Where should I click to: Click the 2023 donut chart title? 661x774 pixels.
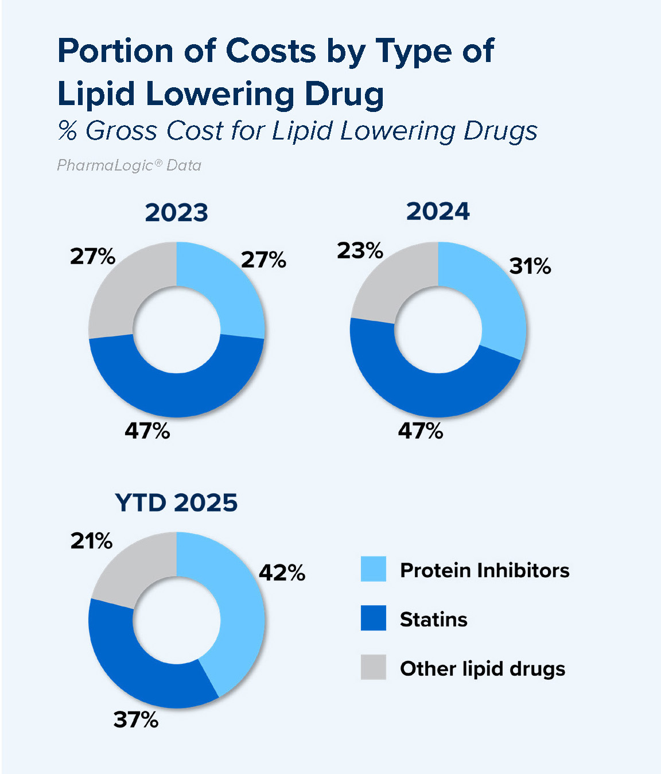click(176, 212)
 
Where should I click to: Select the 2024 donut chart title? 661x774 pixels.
click(438, 211)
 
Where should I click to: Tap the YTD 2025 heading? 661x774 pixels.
click(176, 502)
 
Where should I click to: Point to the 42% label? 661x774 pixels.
click(282, 572)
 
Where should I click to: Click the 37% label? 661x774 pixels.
click(136, 719)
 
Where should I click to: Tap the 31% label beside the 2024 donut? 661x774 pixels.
click(530, 266)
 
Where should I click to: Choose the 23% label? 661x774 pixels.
click(360, 250)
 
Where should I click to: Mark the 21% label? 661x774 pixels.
click(92, 540)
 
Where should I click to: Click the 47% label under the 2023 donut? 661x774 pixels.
click(147, 430)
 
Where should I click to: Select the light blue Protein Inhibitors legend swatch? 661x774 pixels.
click(373, 569)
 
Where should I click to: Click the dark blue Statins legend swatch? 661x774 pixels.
click(373, 618)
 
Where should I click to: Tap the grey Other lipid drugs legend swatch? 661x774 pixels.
click(373, 667)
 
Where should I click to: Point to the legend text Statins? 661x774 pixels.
click(434, 620)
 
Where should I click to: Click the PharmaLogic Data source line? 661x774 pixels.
click(129, 165)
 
